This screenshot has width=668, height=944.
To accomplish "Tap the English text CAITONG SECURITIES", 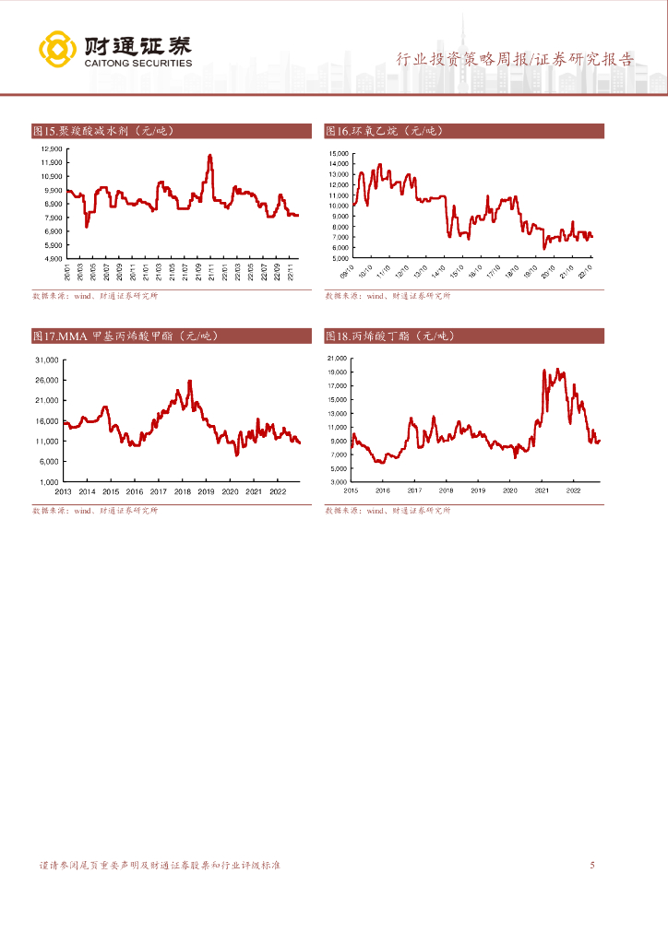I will (x=137, y=64).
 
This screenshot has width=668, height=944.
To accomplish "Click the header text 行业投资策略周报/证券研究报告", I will (x=515, y=59).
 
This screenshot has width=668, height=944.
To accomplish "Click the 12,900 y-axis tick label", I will (x=51, y=149).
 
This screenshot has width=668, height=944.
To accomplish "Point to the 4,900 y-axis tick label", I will (x=52, y=259).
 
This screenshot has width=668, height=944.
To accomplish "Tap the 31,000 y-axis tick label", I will (x=46, y=360).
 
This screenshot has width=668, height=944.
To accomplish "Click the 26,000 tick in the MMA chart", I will (x=46, y=380).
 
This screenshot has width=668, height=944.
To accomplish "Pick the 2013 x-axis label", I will (x=63, y=491).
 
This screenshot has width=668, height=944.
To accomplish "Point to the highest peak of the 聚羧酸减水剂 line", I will (x=210, y=156).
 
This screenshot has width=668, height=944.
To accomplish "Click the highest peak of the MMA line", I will (x=190, y=382).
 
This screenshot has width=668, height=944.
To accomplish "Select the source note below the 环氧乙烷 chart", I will (x=388, y=297).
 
